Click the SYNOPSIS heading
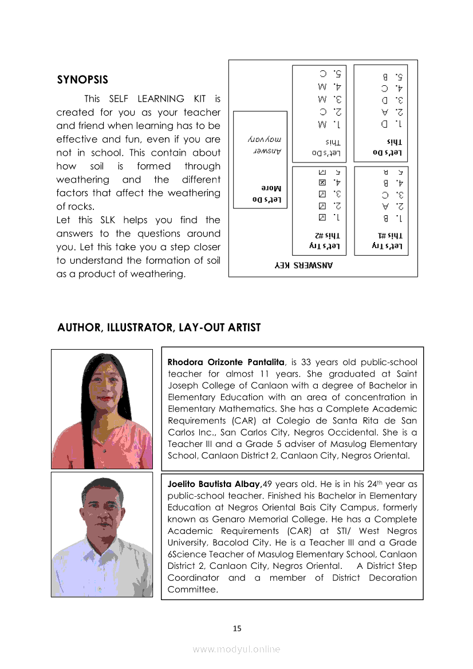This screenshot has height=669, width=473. click(82, 80)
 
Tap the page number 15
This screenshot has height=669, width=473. click(237, 628)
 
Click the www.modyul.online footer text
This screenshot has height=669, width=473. click(236, 649)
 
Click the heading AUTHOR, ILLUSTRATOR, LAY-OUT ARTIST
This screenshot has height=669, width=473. click(159, 328)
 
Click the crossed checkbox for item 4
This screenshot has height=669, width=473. click(322, 183)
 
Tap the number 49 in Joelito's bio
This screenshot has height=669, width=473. click(265, 484)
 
